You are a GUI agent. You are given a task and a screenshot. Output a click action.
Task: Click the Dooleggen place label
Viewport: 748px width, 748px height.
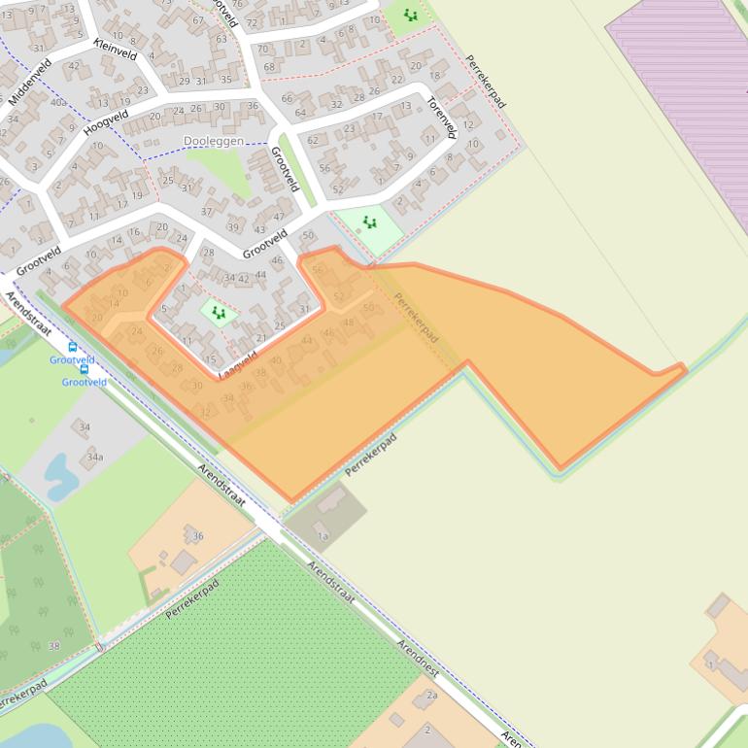[x=213, y=141]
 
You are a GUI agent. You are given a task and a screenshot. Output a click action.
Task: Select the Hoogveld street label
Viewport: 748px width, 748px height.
[x=105, y=122]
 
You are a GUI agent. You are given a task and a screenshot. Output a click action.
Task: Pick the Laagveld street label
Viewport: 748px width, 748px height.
[x=238, y=364]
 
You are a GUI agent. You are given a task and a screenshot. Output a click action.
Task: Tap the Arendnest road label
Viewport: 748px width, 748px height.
[x=420, y=660]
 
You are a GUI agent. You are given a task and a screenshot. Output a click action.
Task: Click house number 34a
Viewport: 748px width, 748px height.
[x=94, y=456]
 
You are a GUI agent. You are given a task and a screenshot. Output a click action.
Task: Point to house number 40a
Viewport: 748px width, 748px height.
[x=58, y=101]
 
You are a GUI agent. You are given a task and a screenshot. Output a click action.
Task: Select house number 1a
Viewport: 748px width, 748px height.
[x=323, y=535]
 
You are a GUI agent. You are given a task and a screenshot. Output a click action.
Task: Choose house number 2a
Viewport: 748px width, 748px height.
[x=432, y=696]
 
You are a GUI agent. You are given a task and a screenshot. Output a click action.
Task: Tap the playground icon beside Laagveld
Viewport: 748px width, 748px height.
[x=219, y=313]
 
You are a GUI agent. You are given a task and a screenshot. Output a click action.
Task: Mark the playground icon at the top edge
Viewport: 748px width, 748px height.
[x=410, y=16]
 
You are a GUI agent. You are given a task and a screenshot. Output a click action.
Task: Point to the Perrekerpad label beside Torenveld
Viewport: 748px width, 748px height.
[x=486, y=82]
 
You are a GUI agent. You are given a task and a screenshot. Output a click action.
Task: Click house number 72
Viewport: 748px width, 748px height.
[x=253, y=21]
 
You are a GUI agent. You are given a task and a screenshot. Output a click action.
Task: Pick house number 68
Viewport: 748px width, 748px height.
[x=269, y=66]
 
